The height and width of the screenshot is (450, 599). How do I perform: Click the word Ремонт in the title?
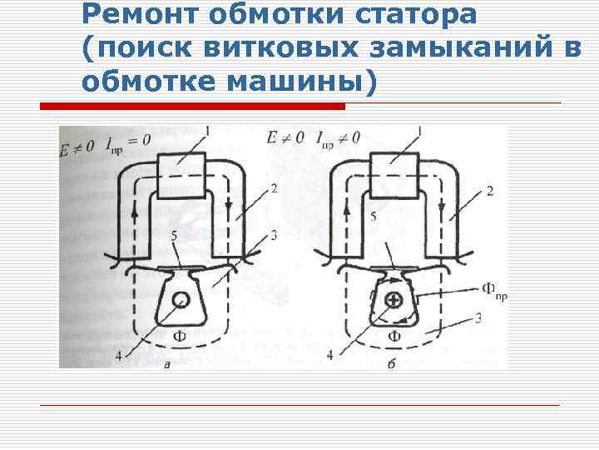(131, 14)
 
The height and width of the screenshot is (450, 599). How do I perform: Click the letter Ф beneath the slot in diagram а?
(179, 335)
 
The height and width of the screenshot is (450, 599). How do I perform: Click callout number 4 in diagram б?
(329, 354)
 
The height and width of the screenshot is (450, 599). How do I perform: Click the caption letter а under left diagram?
(169, 363)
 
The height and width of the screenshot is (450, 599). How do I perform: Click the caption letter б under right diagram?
(391, 362)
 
